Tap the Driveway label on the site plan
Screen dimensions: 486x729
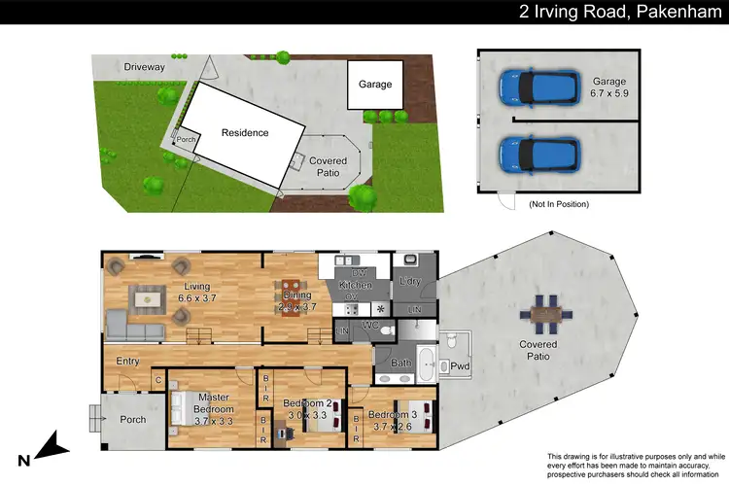tap(144, 68)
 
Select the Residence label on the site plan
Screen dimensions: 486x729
tap(244, 133)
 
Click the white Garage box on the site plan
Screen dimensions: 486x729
tap(375, 85)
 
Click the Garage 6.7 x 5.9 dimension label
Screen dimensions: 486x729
tap(611, 89)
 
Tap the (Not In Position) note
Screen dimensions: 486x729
tap(559, 205)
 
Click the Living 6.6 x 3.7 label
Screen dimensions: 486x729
tap(199, 293)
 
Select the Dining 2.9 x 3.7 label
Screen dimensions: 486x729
tap(294, 300)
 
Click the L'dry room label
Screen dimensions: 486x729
tap(409, 283)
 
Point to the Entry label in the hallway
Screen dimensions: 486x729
tap(127, 362)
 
